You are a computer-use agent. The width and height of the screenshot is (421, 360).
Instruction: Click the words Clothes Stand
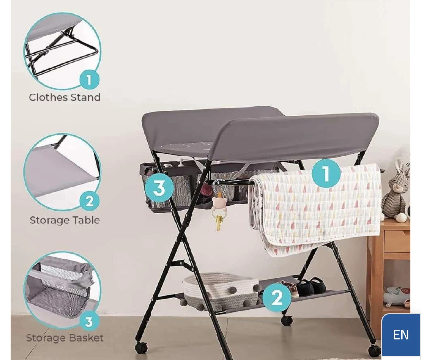pyautogui.click(x=65, y=97)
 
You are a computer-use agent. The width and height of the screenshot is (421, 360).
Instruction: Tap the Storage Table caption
pyautogui.click(x=65, y=220)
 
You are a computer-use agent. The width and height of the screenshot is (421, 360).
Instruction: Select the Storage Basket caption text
pyautogui.click(x=65, y=338)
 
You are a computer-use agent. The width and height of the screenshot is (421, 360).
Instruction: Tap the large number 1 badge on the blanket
pyautogui.click(x=326, y=173)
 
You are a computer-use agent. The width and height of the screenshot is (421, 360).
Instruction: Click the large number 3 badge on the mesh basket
pyautogui.click(x=159, y=188)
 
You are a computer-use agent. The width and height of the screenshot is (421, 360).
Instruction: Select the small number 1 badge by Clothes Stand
pyautogui.click(x=89, y=80)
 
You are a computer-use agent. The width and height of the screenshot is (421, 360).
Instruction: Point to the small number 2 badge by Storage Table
pyautogui.click(x=89, y=201)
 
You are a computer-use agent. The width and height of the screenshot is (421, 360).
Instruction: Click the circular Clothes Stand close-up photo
pyautogui.click(x=62, y=51)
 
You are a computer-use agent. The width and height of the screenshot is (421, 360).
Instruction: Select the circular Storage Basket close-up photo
pyautogui.click(x=62, y=290)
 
